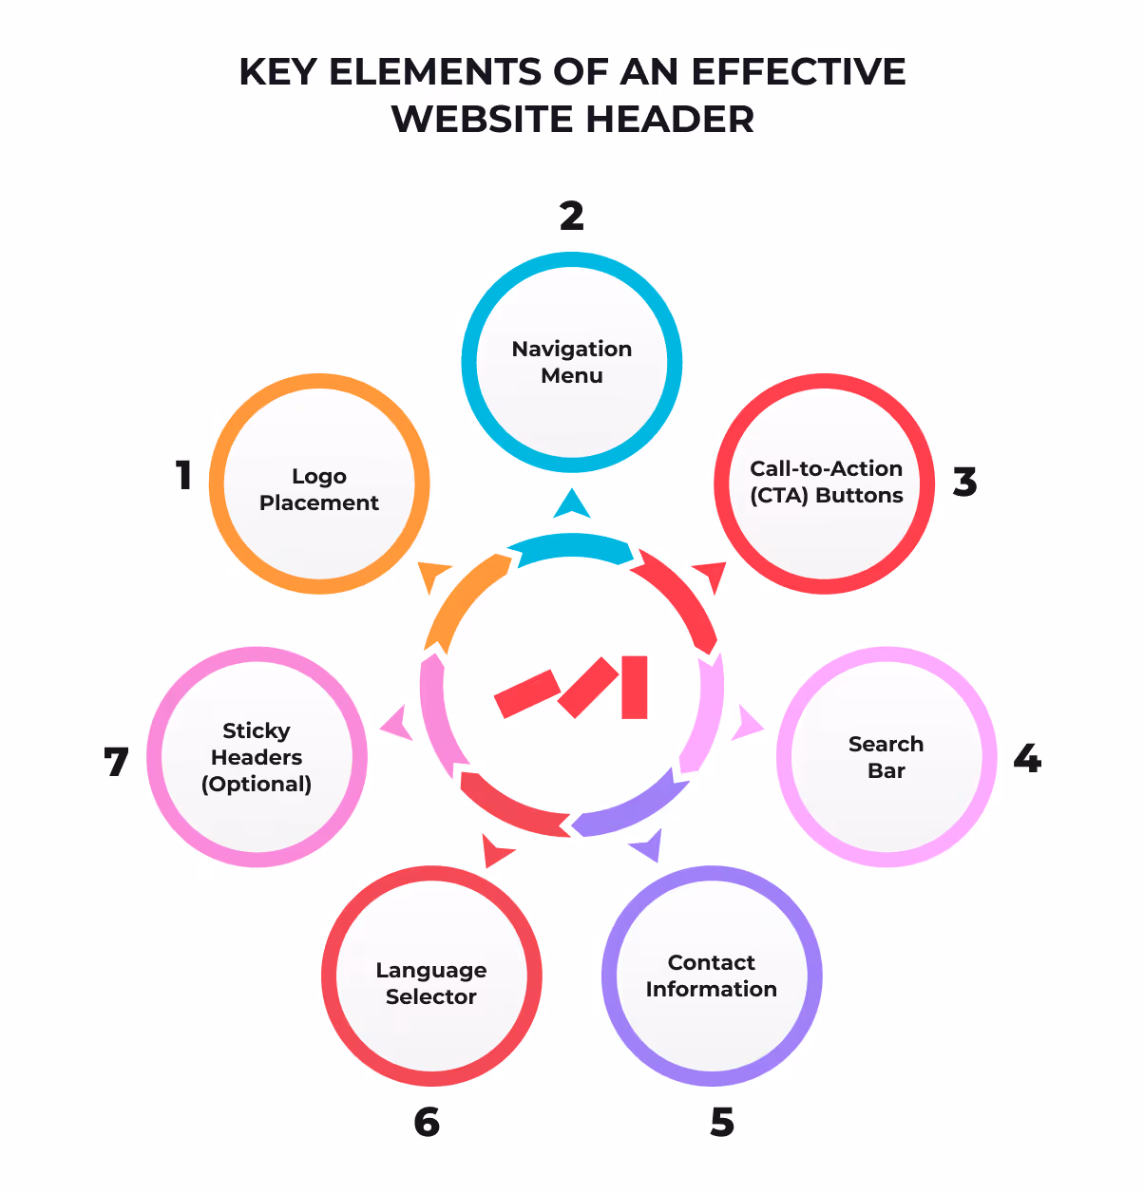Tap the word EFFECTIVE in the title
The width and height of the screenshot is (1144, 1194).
[798, 72]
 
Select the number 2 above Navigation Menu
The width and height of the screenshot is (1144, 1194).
[571, 217]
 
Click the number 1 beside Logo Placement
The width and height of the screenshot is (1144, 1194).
[184, 476]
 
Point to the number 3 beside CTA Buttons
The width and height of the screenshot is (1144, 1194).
[964, 483]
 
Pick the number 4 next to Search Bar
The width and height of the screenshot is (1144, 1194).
[1027, 759]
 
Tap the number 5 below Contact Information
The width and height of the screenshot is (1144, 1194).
[722, 1123]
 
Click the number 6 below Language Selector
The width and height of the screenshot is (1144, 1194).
[427, 1123]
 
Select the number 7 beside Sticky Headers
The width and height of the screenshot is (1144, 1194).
[116, 762]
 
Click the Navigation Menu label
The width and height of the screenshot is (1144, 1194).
[572, 362]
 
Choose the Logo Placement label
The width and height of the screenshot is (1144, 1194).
[319, 489]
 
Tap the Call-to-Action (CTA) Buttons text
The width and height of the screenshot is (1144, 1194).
[826, 482]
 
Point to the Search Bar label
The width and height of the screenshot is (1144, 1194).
[886, 757]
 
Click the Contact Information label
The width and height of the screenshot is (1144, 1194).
[712, 976]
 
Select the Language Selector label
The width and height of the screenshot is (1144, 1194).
[431, 983]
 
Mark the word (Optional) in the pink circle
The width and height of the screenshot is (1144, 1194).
[257, 785]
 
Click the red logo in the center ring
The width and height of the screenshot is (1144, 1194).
[572, 687]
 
